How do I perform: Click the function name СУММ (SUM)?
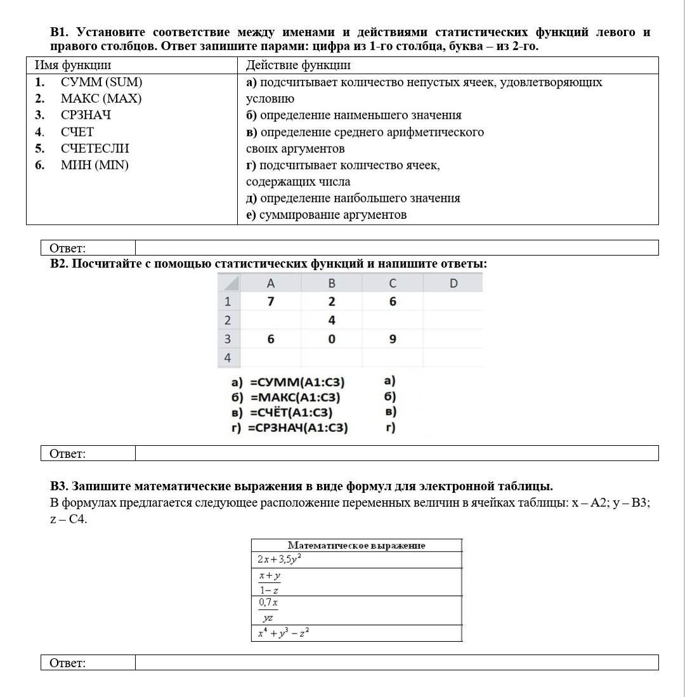pos(101,82)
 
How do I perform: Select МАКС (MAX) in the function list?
pos(101,99)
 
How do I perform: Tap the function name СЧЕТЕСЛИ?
pos(95,148)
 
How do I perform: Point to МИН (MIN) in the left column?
pos(95,166)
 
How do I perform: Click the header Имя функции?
pos(72,65)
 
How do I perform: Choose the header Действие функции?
pos(298,65)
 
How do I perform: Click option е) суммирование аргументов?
pos(326,215)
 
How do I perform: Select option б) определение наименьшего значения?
pos(353,115)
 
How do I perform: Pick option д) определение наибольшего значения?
pos(353,199)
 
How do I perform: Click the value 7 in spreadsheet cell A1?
pos(271,301)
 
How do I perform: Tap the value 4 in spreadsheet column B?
pos(332,320)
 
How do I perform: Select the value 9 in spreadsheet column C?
pos(393,339)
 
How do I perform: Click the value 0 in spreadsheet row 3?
pos(332,339)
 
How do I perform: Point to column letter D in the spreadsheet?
pos(453,283)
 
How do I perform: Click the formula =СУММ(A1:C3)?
pos(297,382)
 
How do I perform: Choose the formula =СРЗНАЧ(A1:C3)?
pos(298,428)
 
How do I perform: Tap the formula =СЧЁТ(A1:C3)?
pos(292,413)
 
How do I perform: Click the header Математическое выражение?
pos(356,545)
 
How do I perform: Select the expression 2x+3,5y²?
pos(279,559)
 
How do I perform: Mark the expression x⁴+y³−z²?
pos(283,633)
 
